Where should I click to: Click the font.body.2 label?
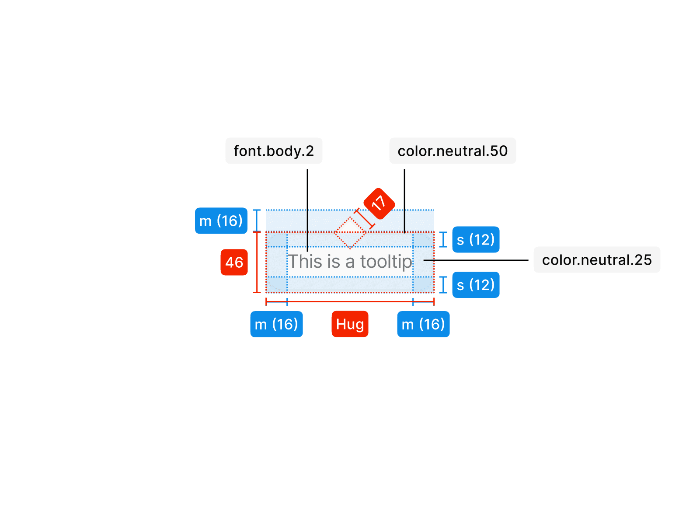[x=274, y=151]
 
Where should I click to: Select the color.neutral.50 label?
[x=453, y=151]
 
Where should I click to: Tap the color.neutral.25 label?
[x=596, y=260]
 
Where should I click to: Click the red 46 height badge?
[x=234, y=262]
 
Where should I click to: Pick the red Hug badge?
[x=350, y=324]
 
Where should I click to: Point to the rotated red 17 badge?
[x=379, y=203]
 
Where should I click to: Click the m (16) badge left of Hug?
[x=276, y=324]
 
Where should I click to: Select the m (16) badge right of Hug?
[x=423, y=324]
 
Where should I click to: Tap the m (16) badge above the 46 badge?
[x=221, y=221]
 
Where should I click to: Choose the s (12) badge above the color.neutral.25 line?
[x=476, y=240]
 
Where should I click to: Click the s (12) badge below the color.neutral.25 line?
[x=476, y=285]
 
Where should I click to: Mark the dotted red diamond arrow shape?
[x=350, y=232]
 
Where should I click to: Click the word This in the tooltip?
[x=305, y=262]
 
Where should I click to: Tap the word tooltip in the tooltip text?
[x=386, y=262]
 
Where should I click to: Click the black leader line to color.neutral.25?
[x=477, y=260]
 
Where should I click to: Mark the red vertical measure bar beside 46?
[x=257, y=262]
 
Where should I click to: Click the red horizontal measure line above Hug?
[x=350, y=301]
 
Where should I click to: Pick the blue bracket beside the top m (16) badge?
[x=257, y=220]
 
